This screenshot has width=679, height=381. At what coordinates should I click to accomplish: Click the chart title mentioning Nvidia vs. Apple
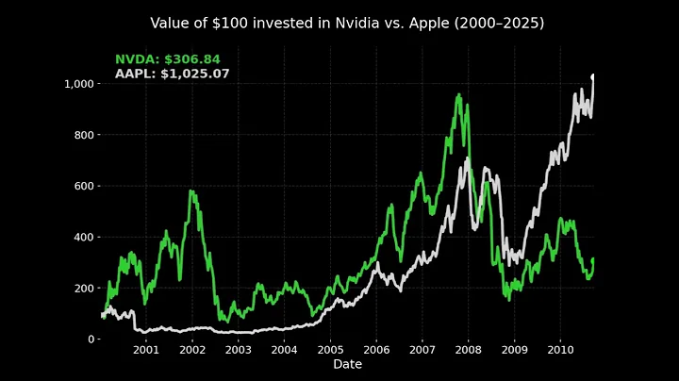[347, 23]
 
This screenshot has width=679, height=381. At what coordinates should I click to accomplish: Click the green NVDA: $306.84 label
[167, 59]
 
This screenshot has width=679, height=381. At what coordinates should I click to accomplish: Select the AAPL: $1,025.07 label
[172, 74]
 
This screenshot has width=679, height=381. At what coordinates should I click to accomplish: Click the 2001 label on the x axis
[145, 351]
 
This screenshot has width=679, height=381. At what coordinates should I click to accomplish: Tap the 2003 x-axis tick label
[238, 351]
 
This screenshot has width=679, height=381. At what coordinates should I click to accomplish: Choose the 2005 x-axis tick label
[330, 351]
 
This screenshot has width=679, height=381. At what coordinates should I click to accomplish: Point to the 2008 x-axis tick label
[469, 351]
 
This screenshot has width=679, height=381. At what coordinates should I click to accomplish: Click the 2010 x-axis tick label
[561, 351]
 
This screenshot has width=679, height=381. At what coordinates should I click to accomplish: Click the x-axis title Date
[347, 364]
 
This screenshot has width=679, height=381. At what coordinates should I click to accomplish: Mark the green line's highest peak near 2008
[459, 94]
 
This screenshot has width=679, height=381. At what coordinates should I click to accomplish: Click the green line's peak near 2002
[191, 191]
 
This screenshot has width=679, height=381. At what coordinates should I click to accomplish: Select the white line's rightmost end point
[593, 75]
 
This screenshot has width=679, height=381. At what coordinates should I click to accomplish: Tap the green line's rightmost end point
[593, 259]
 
